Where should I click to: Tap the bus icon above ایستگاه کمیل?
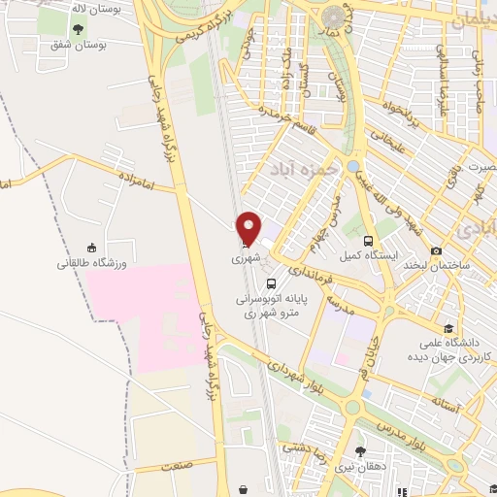tap(368, 241)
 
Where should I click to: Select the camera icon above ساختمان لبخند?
tap(436, 250)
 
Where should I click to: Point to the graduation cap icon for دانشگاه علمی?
tap(447, 328)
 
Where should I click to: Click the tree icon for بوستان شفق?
tap(79, 30)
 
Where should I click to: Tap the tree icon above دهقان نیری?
tap(361, 451)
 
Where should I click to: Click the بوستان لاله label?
tap(78, 11)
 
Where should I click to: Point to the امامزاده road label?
tap(138, 178)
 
